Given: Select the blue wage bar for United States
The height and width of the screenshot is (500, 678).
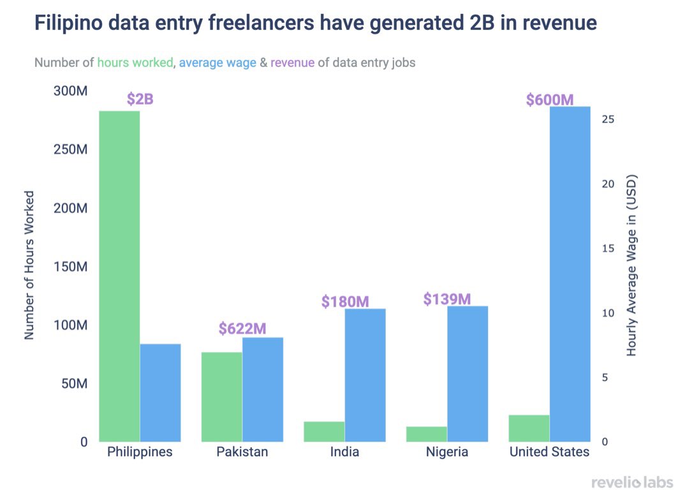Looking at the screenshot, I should click(570, 274).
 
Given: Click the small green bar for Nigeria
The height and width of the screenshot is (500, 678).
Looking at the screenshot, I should click(427, 434).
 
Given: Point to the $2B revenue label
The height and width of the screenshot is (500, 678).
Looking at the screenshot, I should click(140, 99).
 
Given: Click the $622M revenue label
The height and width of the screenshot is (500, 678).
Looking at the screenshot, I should click(242, 328).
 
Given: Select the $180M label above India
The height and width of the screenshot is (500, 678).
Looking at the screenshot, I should click(345, 301).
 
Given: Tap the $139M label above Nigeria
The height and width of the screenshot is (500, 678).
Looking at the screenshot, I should click(447, 298).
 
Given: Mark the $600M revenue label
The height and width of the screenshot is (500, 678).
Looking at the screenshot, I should click(550, 100).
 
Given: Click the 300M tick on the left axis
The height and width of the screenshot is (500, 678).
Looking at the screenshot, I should click(70, 91).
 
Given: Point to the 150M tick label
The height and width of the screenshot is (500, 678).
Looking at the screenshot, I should click(70, 267).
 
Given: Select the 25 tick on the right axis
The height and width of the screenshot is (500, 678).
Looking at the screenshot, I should click(608, 119).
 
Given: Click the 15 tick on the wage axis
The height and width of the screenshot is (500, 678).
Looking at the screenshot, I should click(608, 248).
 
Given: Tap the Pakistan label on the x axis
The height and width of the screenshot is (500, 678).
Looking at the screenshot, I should click(242, 452).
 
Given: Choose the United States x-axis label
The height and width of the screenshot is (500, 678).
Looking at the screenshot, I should click(549, 452).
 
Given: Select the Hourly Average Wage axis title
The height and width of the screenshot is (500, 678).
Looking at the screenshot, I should click(631, 264).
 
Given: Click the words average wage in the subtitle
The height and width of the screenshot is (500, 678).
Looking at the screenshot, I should click(217, 63).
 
